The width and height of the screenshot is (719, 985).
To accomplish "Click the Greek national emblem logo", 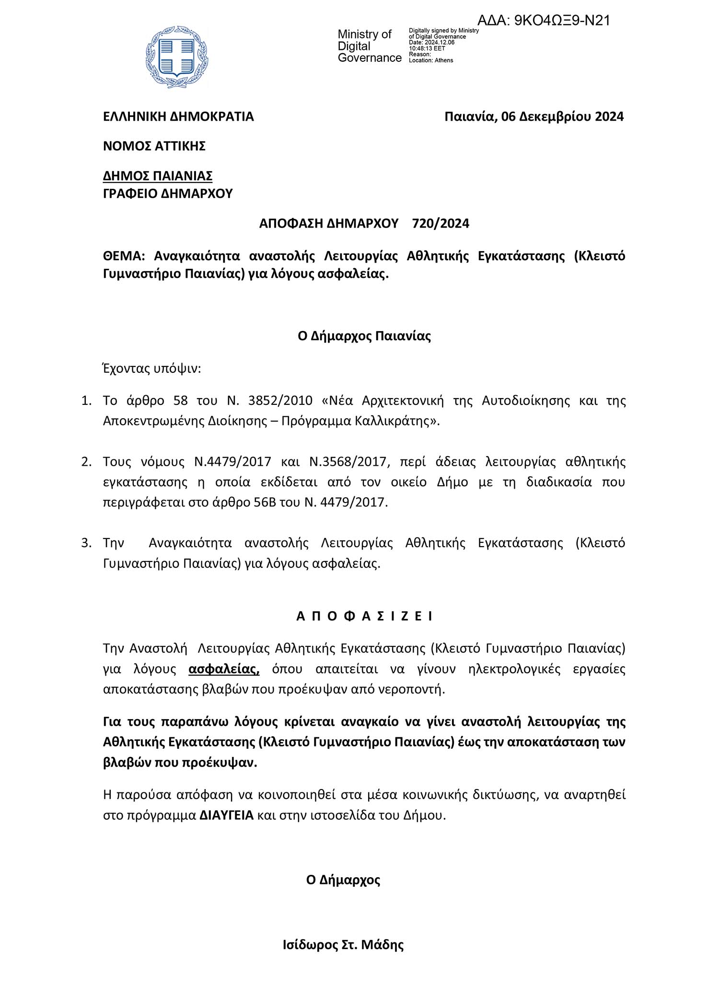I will pos(177,57).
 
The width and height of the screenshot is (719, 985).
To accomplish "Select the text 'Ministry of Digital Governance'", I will pos(369,46).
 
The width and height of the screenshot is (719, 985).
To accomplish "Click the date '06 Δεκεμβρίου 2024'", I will pos(562,116).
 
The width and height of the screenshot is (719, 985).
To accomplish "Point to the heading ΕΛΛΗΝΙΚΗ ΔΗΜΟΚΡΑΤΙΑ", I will pos(178,116).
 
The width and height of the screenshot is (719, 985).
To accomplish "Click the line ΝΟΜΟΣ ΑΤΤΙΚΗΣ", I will pos(154,146).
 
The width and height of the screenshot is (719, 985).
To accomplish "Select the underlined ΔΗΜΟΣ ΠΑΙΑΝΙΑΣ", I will pos(158,176).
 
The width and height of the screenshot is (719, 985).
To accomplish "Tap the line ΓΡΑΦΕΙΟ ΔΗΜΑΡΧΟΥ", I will pos(168,194).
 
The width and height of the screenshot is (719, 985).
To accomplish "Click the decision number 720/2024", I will pos(441,223).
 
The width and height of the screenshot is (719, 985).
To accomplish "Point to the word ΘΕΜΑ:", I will pos(124,256).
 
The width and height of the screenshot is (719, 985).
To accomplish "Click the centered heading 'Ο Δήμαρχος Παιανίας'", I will pos(364,336).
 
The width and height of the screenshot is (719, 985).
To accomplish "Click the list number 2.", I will pos(86,462).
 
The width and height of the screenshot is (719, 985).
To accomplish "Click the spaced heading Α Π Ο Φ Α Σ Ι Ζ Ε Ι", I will pos(364,616).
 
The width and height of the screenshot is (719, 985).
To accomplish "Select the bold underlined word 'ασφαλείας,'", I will pos(224,669).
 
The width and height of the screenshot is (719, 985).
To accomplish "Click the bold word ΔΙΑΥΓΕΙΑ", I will pos(227,815).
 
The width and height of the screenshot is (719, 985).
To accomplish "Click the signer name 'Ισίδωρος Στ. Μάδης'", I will pos(343,945).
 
